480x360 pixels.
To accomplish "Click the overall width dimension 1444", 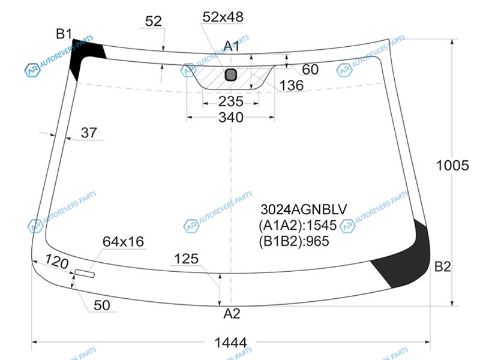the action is [x=230, y=342].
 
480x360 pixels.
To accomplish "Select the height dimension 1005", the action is [x=452, y=166].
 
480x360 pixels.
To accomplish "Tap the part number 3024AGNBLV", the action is [x=304, y=209].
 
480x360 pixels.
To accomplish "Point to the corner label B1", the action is [x=64, y=34].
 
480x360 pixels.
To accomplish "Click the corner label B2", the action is [x=443, y=266].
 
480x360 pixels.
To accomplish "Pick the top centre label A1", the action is [x=232, y=46].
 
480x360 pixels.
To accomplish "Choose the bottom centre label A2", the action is [x=232, y=313].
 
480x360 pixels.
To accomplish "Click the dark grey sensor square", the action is [x=231, y=74].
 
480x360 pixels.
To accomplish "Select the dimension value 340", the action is [x=231, y=117].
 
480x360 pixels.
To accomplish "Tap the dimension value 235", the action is [x=231, y=101].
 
